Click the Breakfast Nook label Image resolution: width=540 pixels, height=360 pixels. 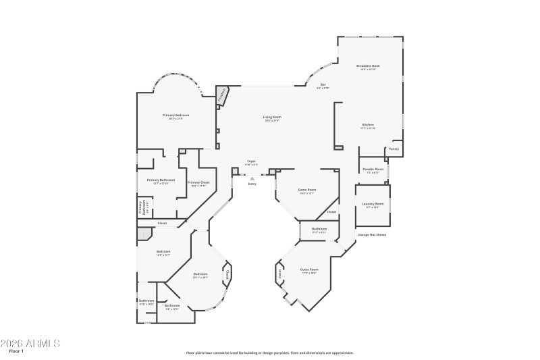tap(367, 66)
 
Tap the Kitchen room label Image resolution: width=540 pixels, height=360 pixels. tap(368, 125)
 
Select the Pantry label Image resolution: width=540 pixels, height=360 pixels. tap(394, 149)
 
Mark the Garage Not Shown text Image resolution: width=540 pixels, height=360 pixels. tap(372, 234)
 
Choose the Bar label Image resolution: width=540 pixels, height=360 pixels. tap(323, 84)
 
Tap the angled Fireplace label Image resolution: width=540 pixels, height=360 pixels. tap(222, 96)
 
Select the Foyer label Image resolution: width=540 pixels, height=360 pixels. tap(251, 161)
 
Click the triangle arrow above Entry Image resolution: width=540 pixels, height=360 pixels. tap(252, 178)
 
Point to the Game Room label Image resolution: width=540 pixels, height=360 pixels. tap(307, 190)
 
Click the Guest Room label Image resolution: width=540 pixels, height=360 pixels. tap(309, 269)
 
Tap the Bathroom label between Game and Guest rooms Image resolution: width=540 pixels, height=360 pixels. tap(319, 229)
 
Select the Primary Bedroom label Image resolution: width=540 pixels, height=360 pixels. tap(175, 115)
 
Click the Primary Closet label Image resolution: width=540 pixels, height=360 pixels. tap(198, 182)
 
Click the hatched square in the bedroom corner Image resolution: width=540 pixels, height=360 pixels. tap(144, 234)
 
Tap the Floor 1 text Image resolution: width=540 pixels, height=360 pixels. tap(16, 351)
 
